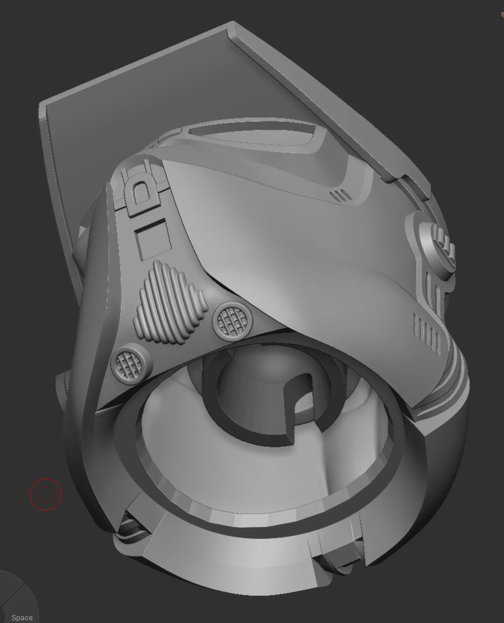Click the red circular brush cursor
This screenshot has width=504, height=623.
point(46,495)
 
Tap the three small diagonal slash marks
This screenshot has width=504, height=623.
point(341,196)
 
